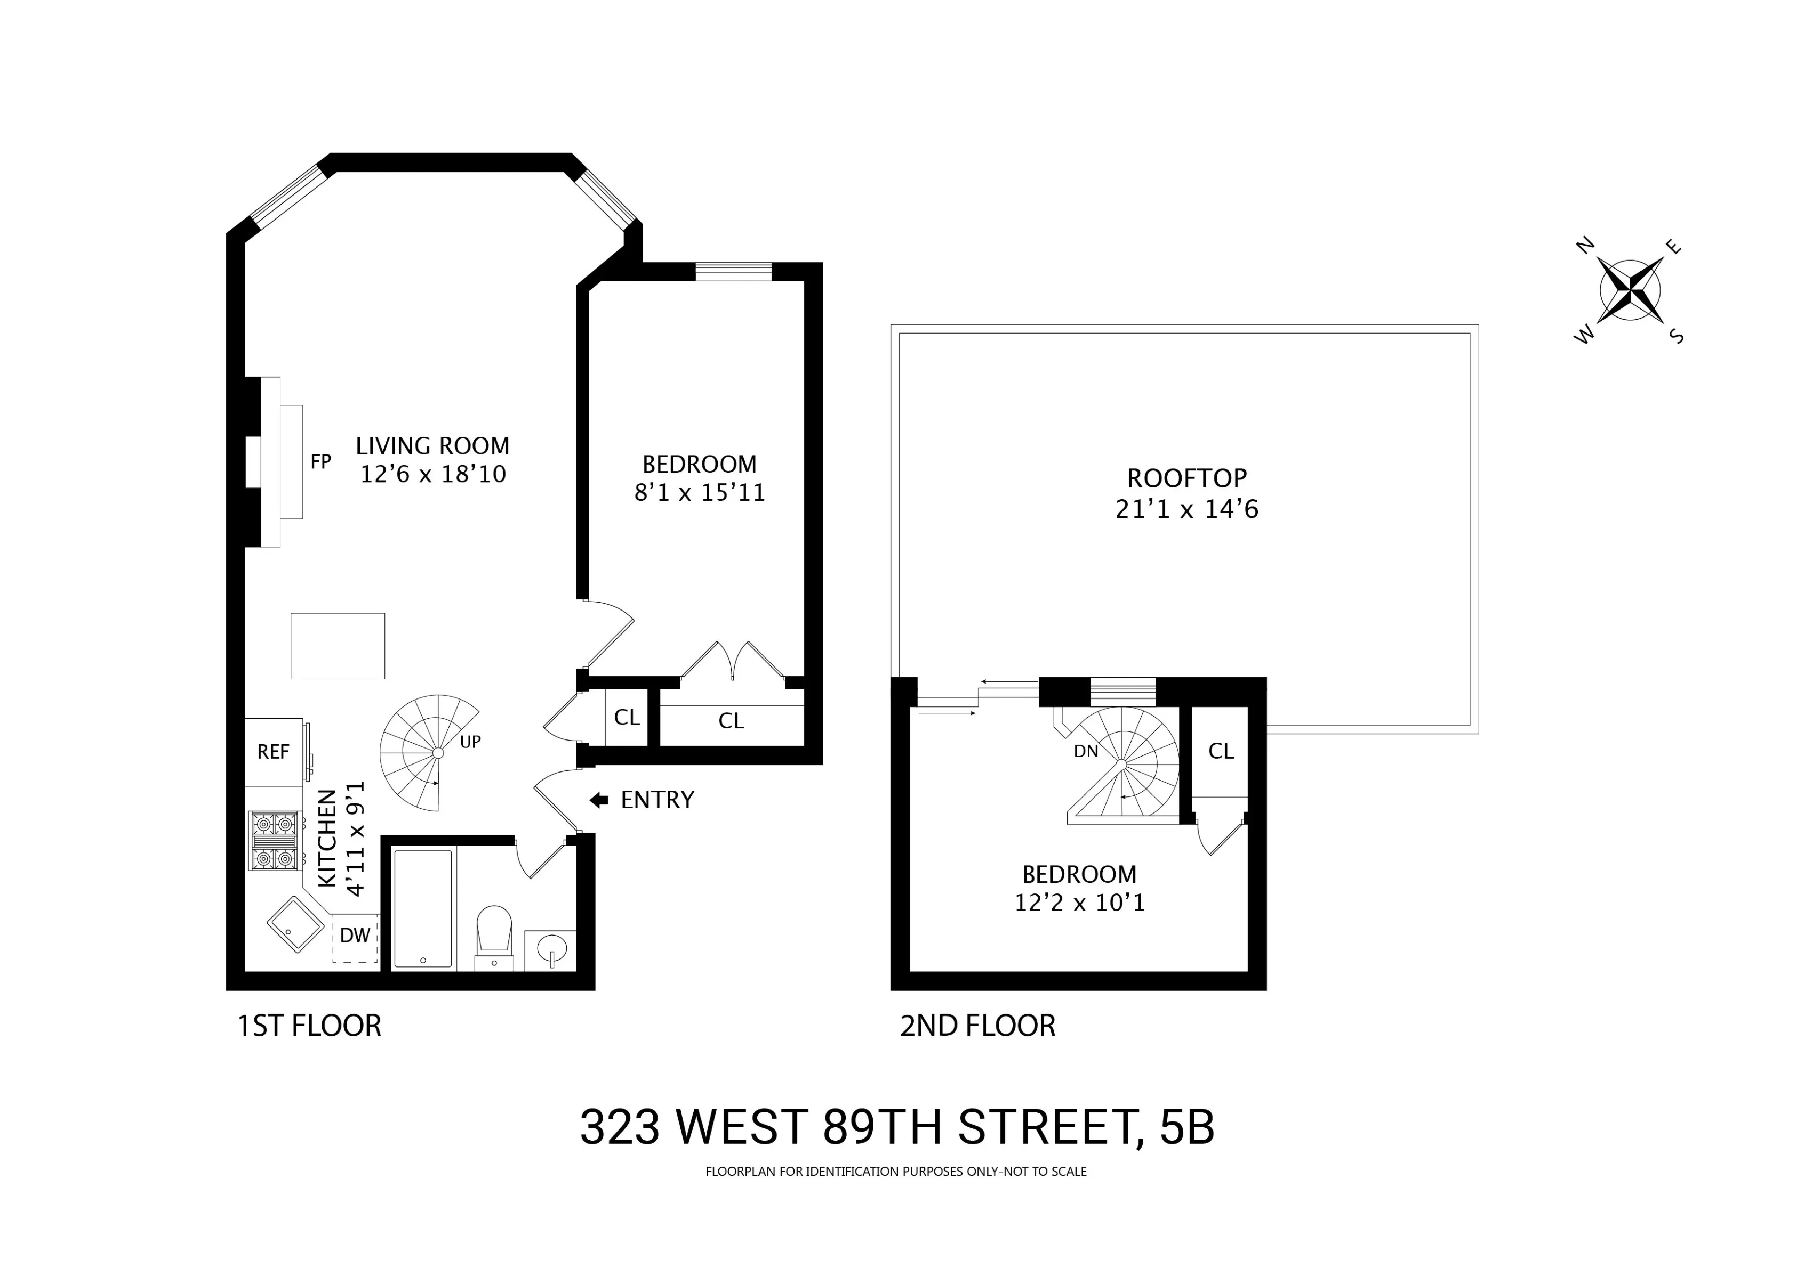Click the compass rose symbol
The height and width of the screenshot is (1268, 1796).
click(x=1630, y=291)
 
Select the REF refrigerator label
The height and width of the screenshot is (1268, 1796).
click(x=273, y=752)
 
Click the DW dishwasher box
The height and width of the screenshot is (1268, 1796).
click(x=355, y=936)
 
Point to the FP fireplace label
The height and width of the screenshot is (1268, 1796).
click(x=320, y=462)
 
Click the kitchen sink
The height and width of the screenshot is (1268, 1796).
click(x=295, y=925)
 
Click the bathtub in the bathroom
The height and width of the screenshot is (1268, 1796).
click(x=422, y=908)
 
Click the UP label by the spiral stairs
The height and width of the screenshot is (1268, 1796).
click(x=470, y=742)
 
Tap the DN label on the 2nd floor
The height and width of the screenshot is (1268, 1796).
click(x=1086, y=751)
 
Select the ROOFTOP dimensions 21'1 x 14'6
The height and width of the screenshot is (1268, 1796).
click(x=1186, y=510)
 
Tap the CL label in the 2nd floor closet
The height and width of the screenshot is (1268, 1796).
click(x=1221, y=751)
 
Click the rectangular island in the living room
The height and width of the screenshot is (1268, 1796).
click(x=338, y=646)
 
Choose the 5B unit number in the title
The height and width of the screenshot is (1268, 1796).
click(x=1188, y=1128)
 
